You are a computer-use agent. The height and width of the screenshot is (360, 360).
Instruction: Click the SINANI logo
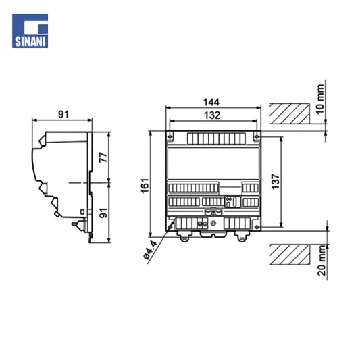tap(30, 31)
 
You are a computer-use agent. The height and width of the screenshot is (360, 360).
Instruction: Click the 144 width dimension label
tap(211, 102)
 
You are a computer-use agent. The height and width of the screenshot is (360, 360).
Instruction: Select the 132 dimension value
tap(212, 115)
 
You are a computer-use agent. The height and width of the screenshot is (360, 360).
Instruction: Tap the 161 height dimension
tap(145, 186)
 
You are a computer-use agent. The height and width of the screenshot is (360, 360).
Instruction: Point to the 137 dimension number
tap(276, 182)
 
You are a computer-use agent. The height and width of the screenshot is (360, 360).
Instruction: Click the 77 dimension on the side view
tap(103, 157)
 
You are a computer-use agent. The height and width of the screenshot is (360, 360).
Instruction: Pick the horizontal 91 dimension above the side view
tap(63, 114)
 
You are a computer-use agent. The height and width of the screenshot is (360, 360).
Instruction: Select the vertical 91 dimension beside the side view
tap(103, 213)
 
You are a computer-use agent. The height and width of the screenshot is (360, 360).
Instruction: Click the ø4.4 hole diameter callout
tap(151, 250)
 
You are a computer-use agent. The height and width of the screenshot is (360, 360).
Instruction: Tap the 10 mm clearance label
tap(320, 99)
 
